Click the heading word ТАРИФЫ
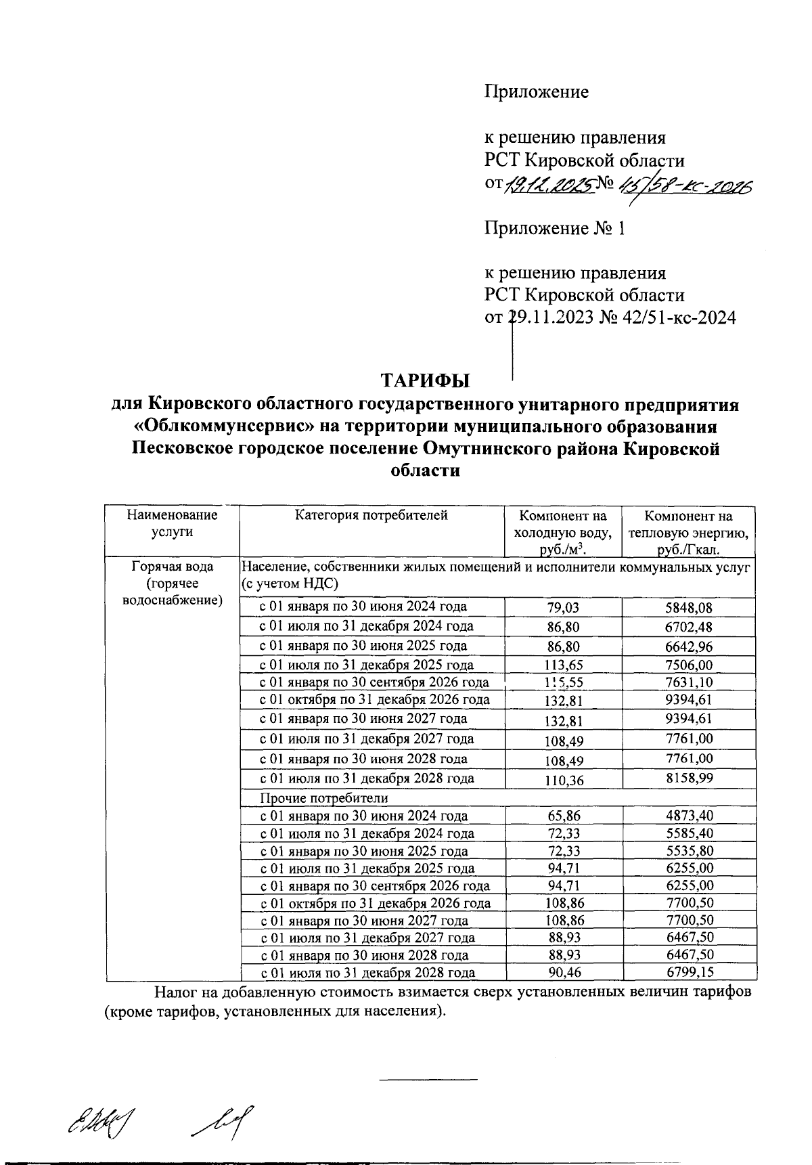425,381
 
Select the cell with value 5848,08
689,608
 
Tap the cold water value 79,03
563,608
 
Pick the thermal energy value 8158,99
689,778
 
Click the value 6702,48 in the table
689,627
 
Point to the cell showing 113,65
563,665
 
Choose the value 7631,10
689,682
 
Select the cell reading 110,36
563,780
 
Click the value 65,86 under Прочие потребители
563,816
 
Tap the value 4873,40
689,816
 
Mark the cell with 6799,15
689,973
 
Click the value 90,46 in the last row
563,973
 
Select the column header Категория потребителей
371,516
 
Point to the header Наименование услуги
172,523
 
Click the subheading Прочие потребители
325,799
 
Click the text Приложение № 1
555,229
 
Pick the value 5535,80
689,852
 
